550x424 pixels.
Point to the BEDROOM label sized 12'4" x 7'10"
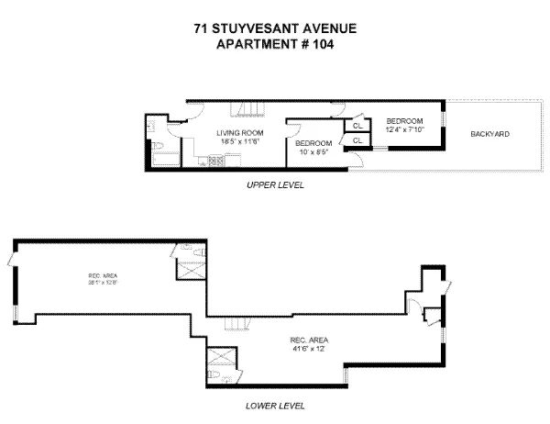[x=403, y=122]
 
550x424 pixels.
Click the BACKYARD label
[x=489, y=135]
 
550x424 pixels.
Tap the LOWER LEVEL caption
[x=275, y=405]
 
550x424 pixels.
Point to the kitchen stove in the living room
[x=215, y=162]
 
